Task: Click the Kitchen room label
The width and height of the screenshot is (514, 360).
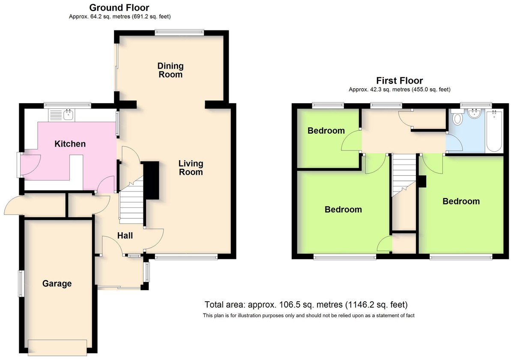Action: click(70, 144)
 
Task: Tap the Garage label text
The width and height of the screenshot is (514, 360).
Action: click(57, 284)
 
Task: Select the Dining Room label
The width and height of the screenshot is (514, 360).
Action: click(170, 70)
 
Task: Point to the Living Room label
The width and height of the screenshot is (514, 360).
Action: click(191, 168)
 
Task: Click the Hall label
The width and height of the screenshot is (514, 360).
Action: click(125, 236)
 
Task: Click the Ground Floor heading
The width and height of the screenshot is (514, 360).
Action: click(119, 8)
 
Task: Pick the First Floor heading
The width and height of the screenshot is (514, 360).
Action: click(400, 81)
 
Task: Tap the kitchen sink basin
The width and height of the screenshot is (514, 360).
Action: click(69, 115)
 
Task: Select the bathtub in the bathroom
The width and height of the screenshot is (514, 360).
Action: click(494, 131)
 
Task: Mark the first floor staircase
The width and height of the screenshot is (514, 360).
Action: click(404, 175)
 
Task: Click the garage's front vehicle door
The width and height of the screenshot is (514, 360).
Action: click(57, 348)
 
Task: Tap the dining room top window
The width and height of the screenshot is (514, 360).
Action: click(179, 33)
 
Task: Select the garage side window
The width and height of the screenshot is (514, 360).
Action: click(21, 284)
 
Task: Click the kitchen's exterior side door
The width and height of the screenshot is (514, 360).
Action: click(20, 165)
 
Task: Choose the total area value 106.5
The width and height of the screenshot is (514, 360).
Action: click(290, 305)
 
